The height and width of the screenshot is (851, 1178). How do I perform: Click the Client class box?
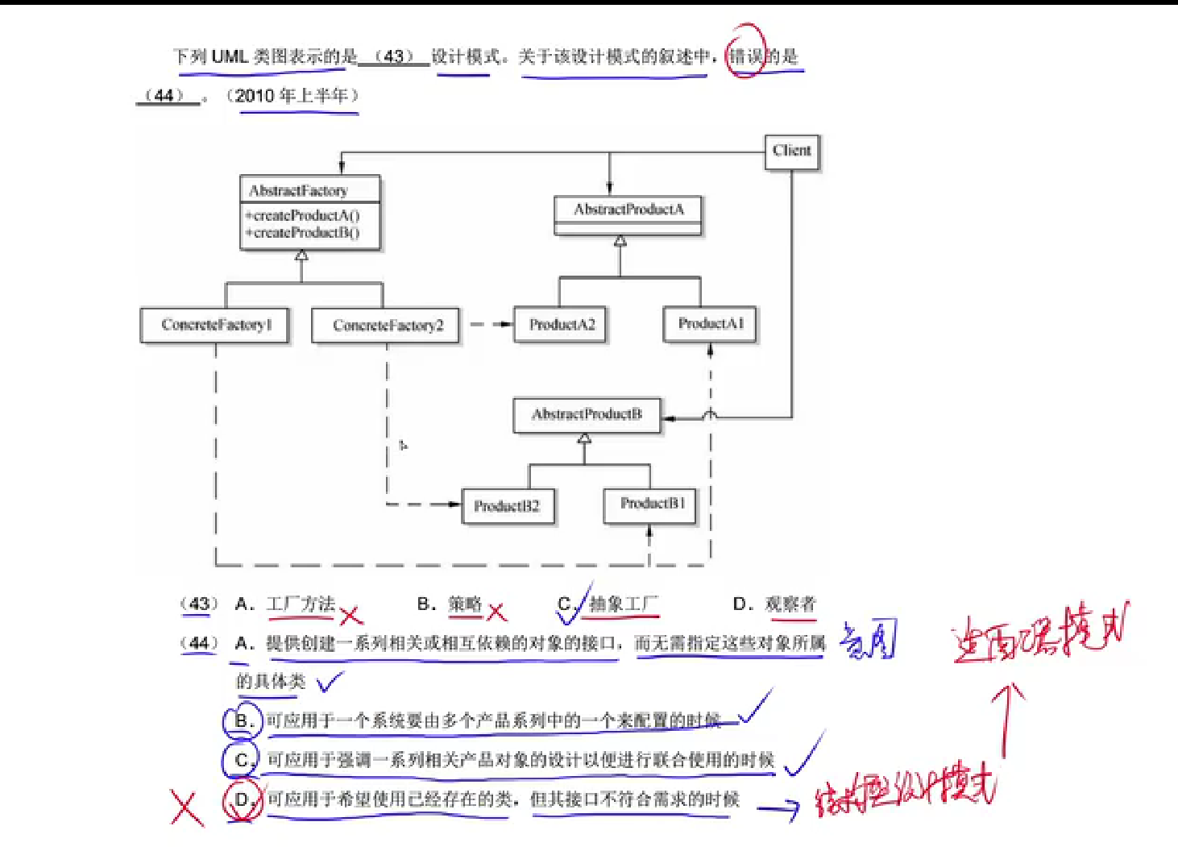791,152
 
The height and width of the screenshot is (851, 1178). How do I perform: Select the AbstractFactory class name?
298,191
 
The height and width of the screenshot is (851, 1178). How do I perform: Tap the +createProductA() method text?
303,215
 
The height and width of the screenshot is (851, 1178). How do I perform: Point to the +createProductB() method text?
303,233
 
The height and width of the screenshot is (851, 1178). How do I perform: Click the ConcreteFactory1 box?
215,325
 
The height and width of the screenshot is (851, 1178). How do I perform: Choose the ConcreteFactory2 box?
387,326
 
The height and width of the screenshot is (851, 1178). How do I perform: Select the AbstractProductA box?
628,210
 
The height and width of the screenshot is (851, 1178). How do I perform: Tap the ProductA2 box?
562,325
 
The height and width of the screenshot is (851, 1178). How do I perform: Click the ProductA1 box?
710,324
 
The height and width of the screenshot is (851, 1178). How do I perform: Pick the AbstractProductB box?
587,415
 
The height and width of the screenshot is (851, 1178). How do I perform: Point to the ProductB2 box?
507,506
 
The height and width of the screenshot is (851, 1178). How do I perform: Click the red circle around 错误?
745,51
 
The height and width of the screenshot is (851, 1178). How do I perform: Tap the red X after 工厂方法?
350,616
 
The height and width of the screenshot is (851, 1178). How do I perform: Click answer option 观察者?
790,604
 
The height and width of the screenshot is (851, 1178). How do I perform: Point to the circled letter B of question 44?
242,720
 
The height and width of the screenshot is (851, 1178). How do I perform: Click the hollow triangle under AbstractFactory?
301,255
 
